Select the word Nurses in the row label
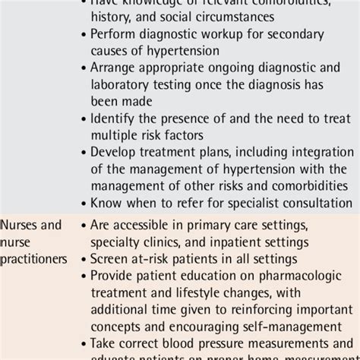point(20,225)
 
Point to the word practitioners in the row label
point(34,258)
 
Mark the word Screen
point(110,258)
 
